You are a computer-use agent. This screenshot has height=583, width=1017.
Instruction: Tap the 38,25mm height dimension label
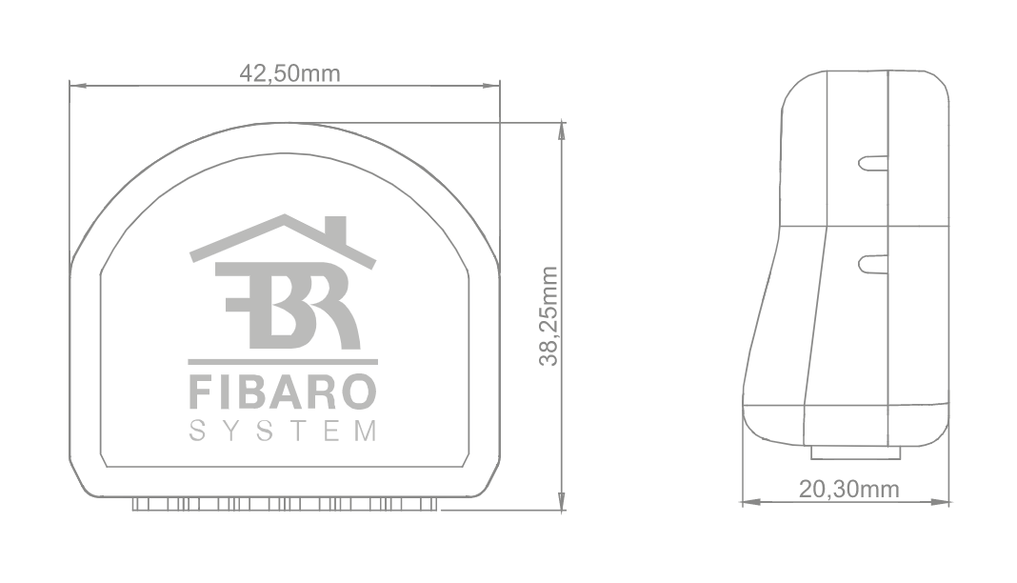click(x=548, y=315)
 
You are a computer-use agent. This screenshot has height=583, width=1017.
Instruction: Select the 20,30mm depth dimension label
click(x=848, y=489)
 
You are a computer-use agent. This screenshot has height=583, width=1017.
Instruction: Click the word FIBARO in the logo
click(x=283, y=392)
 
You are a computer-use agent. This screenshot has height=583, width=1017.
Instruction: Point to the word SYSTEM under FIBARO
click(x=283, y=432)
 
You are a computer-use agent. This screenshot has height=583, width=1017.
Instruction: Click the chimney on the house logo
click(x=334, y=230)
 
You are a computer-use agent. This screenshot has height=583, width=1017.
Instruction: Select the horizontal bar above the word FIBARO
click(x=283, y=362)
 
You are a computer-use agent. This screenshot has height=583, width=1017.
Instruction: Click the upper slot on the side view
click(x=872, y=163)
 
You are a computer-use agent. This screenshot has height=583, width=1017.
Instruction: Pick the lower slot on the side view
click(x=872, y=263)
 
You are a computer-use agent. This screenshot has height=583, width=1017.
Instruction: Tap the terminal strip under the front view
click(x=286, y=503)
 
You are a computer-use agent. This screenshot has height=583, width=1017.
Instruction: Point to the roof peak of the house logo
click(x=283, y=218)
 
